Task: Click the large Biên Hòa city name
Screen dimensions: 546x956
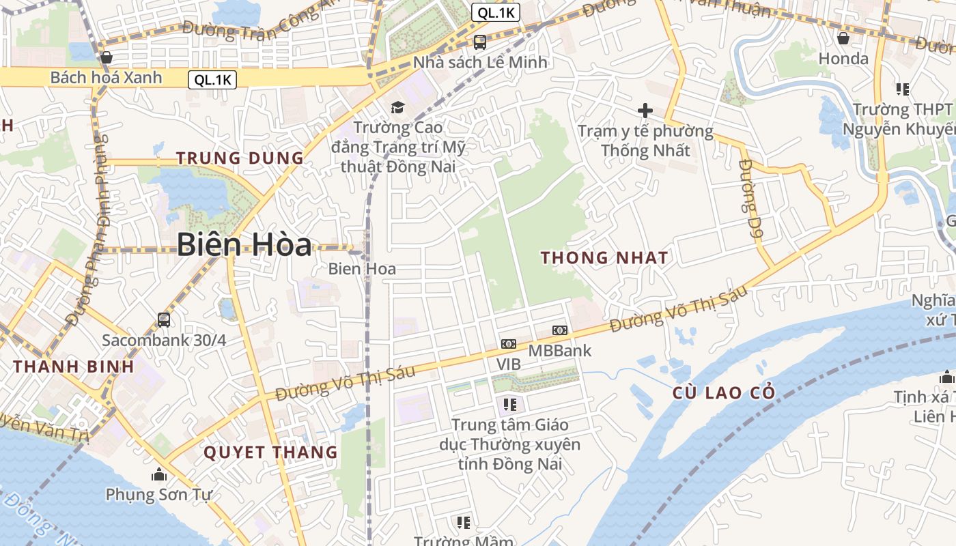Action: coord(244,244)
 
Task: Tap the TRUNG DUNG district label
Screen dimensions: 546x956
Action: coord(240,158)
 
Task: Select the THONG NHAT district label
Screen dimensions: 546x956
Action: coord(604,257)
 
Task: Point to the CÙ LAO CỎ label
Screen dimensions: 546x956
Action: coord(724,393)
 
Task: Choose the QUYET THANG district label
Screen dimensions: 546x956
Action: coord(270,452)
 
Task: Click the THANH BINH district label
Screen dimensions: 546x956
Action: coord(74,366)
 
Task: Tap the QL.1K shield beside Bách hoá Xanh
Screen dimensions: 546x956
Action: coord(212,80)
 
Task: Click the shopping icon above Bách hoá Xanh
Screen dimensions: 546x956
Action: coord(106,57)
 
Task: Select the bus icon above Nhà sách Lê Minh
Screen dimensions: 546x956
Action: coord(480,42)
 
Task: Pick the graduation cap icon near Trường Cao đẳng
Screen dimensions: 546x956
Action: coord(397,107)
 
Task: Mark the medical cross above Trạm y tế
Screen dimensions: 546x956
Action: coord(645,110)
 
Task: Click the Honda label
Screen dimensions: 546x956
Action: coord(843,59)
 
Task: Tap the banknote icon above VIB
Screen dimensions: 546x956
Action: coord(509,344)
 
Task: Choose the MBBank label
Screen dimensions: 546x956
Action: coord(560,351)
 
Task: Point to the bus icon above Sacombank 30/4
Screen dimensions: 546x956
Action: coord(164,319)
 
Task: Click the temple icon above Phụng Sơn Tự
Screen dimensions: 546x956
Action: coord(159,474)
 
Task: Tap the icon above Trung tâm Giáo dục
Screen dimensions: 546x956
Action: coord(509,405)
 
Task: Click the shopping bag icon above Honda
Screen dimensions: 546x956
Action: coord(843,38)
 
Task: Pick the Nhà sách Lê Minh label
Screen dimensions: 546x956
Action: coord(480,62)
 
